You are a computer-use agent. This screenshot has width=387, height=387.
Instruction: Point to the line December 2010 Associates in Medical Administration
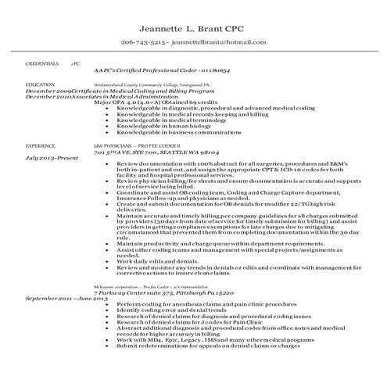[x=102, y=95]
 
